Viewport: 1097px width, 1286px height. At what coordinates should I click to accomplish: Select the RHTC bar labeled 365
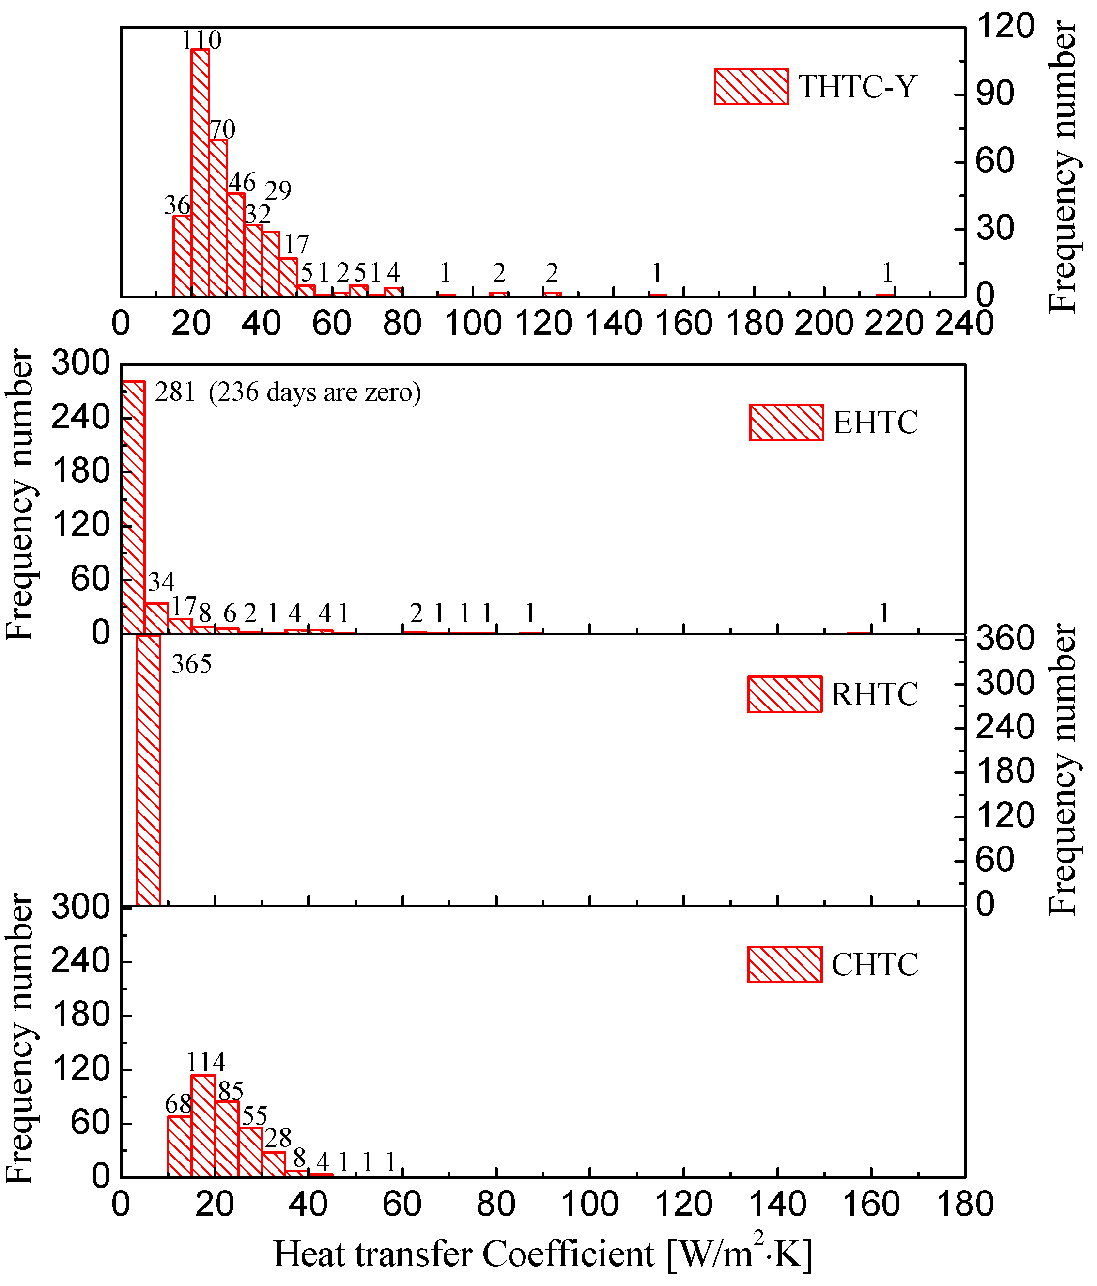click(148, 769)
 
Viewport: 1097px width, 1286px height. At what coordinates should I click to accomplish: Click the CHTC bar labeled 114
click(203, 1126)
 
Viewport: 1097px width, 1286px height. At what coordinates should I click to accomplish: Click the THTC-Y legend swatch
click(751, 86)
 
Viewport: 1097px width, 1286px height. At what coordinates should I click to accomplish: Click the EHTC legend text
click(875, 423)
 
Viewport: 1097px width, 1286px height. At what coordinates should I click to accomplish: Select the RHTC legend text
click(874, 694)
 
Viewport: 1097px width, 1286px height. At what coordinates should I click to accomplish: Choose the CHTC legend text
click(874, 964)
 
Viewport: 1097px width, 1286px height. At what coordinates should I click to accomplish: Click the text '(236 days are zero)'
click(315, 392)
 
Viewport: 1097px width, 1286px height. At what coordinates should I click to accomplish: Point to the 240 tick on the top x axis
click(965, 323)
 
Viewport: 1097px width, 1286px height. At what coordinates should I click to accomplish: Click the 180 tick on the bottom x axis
click(965, 1205)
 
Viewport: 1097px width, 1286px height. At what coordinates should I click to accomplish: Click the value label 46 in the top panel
click(241, 183)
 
